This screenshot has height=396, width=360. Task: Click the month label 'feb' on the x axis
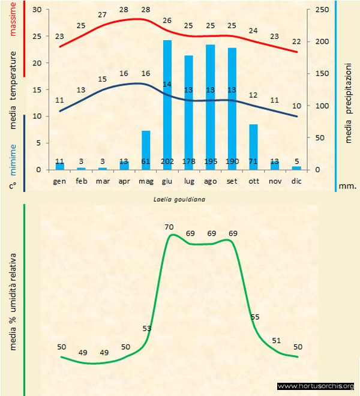(81, 182)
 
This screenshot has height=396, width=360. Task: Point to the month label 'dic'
(296, 182)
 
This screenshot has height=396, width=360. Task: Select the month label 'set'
(232, 182)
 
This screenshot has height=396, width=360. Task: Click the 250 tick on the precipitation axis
(322, 10)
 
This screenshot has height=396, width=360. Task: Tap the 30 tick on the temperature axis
(37, 10)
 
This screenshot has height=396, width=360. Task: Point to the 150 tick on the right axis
(322, 74)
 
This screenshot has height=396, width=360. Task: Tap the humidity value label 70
(169, 227)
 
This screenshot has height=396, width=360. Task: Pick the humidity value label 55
(255, 317)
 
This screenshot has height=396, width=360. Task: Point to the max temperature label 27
(103, 15)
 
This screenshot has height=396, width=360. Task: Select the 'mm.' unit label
(347, 186)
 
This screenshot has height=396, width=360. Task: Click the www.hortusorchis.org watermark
(316, 386)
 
